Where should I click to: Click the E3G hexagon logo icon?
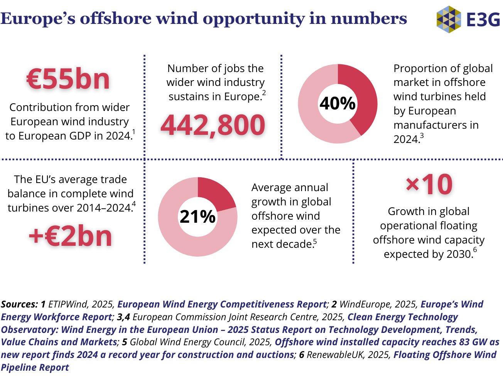pos(449,19)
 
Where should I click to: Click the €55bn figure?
pos(68,79)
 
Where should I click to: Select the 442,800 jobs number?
pos(213,125)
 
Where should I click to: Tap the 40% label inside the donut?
pos(338,103)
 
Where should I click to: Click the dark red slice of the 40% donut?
pos(361,96)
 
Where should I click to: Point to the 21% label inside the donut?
pos(197,217)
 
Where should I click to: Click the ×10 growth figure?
pos(429,185)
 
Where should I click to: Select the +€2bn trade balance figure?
pos(70,236)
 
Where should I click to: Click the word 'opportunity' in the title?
pos(254,18)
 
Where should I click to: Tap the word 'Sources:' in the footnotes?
pos(19,304)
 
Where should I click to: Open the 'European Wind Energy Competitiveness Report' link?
pos(222,304)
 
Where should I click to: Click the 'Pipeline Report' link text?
pos(35,368)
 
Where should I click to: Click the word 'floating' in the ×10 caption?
pos(458,226)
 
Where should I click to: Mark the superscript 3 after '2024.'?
pos(422,136)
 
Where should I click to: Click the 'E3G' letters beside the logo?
pos(483,19)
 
